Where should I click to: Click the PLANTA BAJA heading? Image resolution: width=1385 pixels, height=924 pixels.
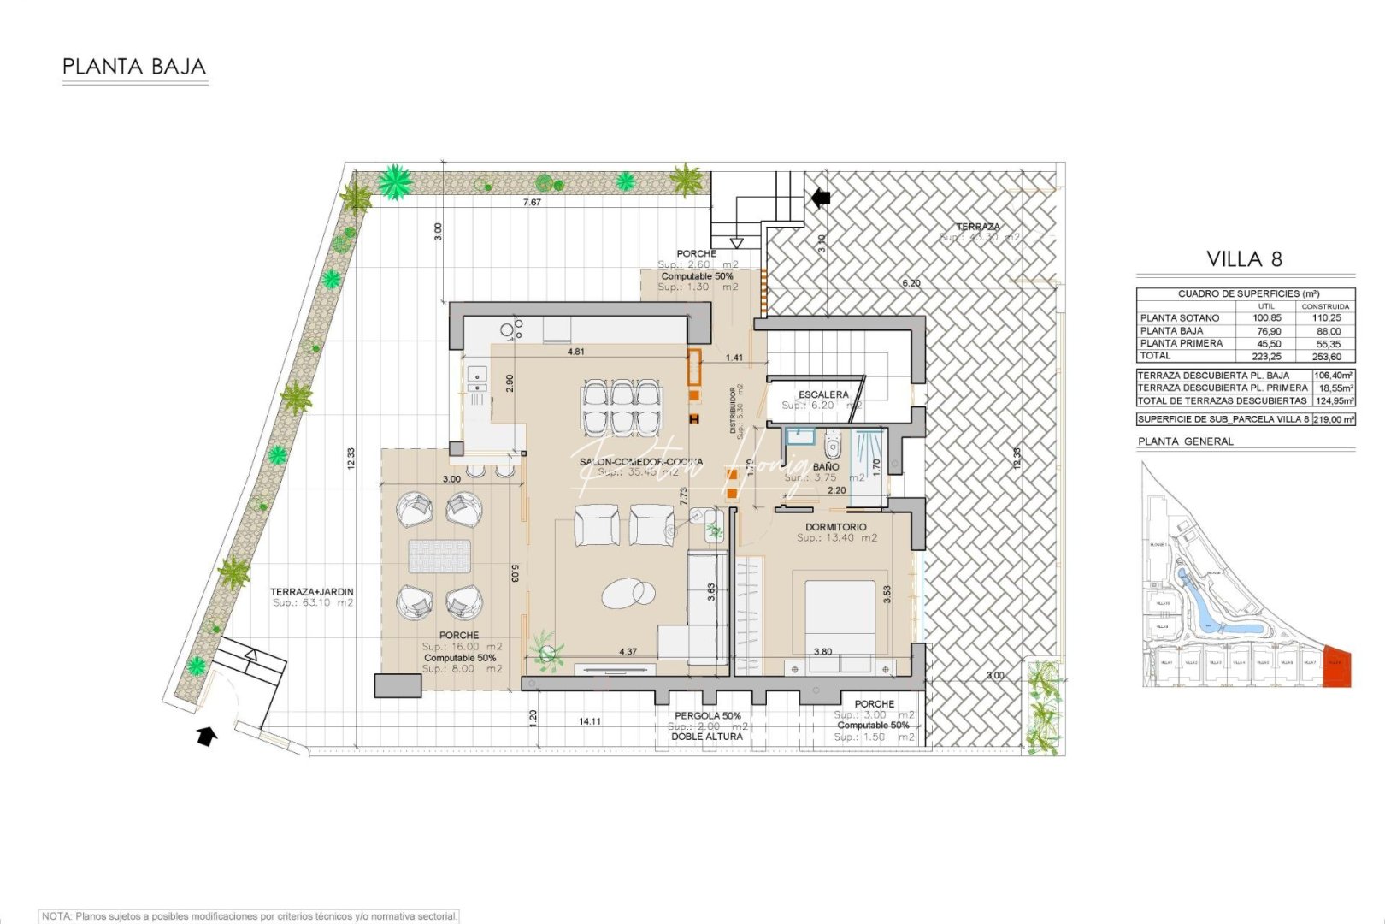point(134,67)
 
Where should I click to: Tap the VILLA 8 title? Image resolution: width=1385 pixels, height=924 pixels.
point(1244,258)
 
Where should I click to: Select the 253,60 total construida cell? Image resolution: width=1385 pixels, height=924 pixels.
point(1325,357)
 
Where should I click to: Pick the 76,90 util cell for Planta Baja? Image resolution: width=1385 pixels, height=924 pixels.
point(1266,331)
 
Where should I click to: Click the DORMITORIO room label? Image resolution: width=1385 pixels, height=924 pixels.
point(835,527)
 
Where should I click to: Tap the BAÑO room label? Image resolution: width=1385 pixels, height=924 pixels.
point(825,467)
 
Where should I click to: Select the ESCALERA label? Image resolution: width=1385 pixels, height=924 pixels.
point(822,394)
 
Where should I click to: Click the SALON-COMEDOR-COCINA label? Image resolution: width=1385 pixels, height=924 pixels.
point(640,462)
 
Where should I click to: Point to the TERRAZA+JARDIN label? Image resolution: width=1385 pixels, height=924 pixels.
point(311,591)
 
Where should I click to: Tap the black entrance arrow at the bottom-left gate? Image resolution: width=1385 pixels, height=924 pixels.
point(206,735)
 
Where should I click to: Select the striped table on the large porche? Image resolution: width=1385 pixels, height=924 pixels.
point(439,556)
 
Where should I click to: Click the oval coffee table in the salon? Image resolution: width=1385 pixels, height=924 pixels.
point(628,592)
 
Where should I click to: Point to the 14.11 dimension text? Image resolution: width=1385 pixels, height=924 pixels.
point(589,721)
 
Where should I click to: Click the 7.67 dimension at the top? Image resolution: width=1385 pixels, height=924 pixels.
point(532,203)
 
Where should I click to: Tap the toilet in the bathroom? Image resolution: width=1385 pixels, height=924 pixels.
point(832,447)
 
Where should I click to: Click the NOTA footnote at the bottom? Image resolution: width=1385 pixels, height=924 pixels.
point(249,916)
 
